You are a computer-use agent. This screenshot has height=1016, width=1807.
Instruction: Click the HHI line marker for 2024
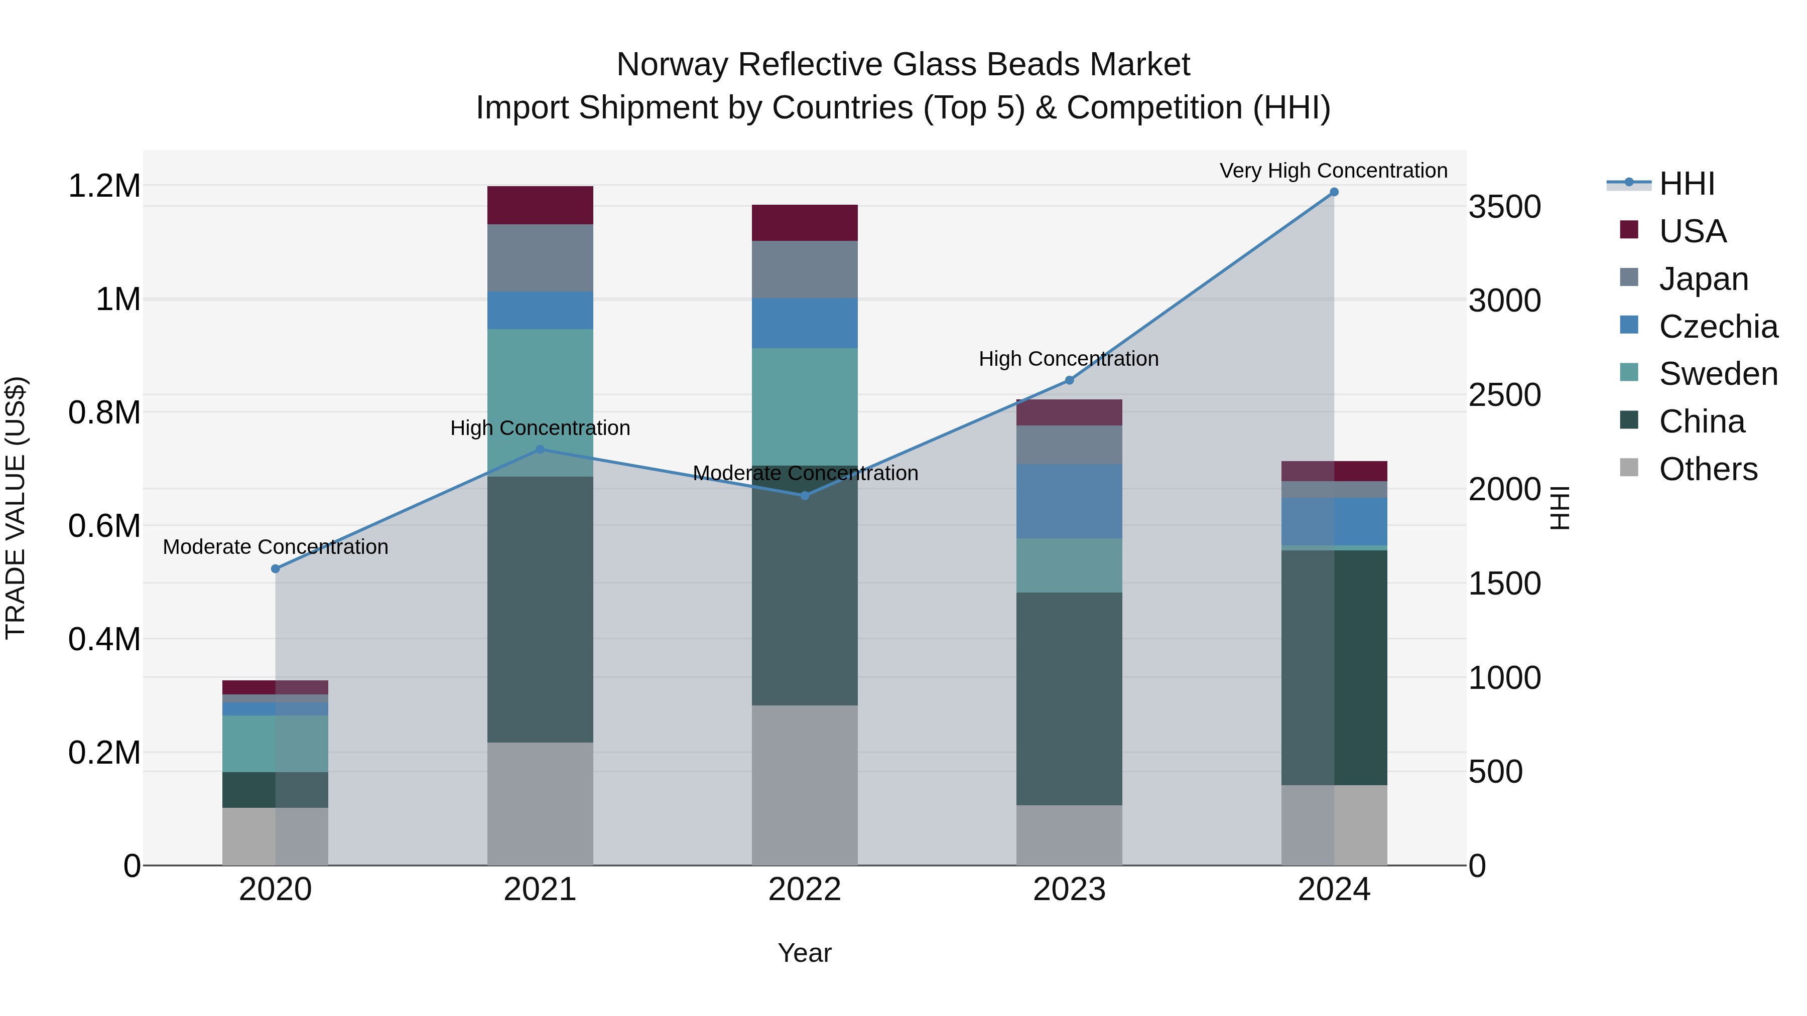pyautogui.click(x=1334, y=192)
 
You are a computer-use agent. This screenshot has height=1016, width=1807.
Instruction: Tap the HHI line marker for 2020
pyautogui.click(x=276, y=568)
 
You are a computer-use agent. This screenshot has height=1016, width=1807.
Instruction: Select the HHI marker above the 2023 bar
pyautogui.click(x=1069, y=380)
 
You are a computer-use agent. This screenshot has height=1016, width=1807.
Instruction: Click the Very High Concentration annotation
pyautogui.click(x=1333, y=171)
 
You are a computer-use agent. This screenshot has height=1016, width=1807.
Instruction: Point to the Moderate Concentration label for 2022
pyautogui.click(x=805, y=473)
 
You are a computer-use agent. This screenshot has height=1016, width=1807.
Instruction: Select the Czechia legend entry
pyautogui.click(x=1717, y=327)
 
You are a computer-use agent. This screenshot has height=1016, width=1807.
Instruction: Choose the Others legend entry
pyautogui.click(x=1708, y=469)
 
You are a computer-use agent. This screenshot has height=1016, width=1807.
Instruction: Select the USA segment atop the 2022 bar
pyautogui.click(x=805, y=222)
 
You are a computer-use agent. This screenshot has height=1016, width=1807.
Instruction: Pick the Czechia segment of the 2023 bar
pyautogui.click(x=1069, y=501)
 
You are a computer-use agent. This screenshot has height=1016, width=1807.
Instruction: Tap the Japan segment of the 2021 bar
pyautogui.click(x=540, y=257)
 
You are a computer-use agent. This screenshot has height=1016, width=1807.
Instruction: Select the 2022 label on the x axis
pyautogui.click(x=805, y=889)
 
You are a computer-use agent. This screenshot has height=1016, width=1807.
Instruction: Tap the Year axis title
pyautogui.click(x=805, y=953)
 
